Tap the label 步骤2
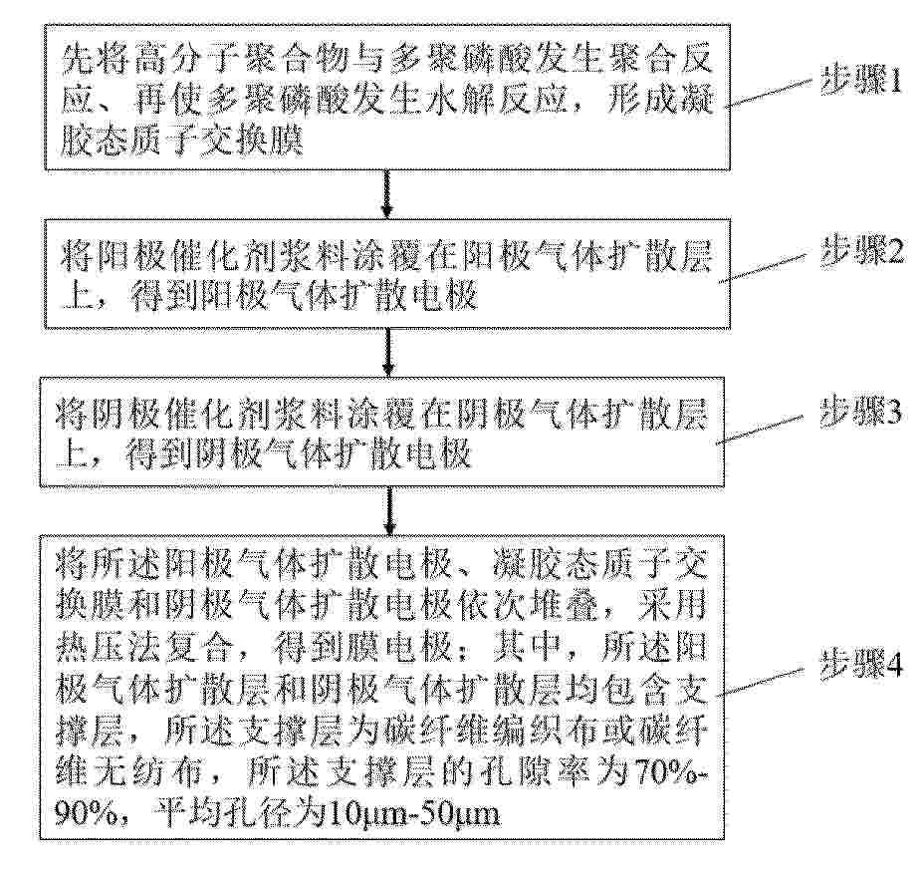tap(862, 253)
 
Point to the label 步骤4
tap(861, 667)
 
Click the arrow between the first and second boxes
tap(387, 194)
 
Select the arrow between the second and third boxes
tap(387, 352)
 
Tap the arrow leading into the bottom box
tap(388, 510)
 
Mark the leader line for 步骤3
tap(760, 430)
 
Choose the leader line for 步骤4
tap(760, 683)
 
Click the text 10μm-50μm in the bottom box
tap(412, 814)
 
